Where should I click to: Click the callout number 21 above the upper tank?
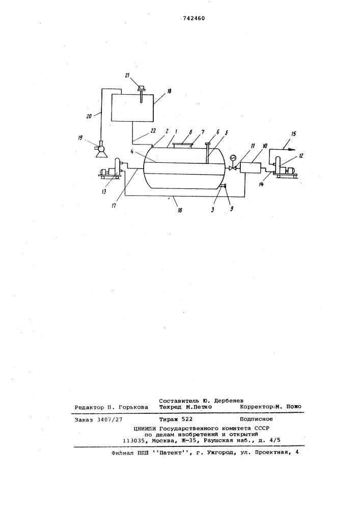[x=128, y=76]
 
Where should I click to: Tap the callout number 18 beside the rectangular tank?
[x=170, y=92]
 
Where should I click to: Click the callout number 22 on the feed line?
[x=153, y=130]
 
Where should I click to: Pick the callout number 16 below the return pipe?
[x=179, y=210]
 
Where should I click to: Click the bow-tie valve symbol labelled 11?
[x=232, y=168]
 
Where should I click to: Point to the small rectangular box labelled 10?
[x=251, y=168]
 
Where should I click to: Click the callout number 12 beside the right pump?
[x=301, y=155]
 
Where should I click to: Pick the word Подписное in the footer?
[x=256, y=419]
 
